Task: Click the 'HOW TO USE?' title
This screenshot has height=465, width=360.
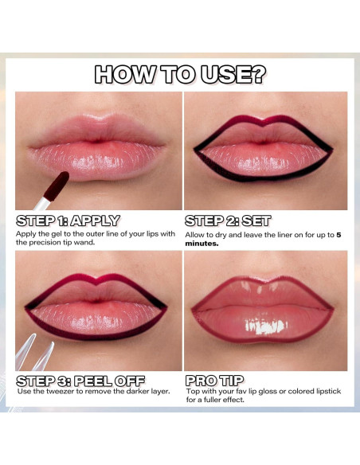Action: (x=179, y=75)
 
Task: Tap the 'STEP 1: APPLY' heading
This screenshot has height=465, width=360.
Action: (x=68, y=221)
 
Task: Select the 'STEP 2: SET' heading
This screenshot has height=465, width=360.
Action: (x=228, y=221)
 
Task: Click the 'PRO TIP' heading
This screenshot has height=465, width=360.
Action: (x=214, y=380)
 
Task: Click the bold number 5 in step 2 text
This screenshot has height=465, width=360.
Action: (x=338, y=235)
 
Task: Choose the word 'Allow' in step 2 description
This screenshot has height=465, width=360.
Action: (x=196, y=235)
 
